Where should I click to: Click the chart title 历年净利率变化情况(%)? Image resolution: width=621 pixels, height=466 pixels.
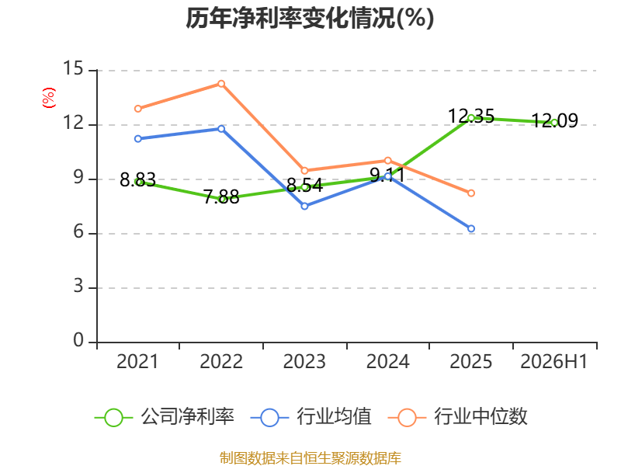point(310,18)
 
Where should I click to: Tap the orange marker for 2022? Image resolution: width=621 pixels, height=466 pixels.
point(221,84)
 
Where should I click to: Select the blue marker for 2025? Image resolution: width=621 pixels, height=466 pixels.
point(471,228)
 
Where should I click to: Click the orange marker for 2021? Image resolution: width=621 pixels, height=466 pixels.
point(138,109)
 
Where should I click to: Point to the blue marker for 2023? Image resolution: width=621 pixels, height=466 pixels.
point(304,206)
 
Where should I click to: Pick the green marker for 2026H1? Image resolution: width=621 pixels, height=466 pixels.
point(554,123)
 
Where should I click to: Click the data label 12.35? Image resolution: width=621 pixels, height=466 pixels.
point(471,116)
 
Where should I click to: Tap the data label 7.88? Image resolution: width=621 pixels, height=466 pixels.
point(221,197)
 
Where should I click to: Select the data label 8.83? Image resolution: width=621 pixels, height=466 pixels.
point(138,180)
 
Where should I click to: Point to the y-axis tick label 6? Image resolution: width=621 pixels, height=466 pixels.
point(78,231)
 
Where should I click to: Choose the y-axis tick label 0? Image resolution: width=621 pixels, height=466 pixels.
point(78,340)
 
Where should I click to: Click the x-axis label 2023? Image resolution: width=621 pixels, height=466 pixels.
point(304,361)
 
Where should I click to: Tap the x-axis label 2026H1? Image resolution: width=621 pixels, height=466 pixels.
point(553,361)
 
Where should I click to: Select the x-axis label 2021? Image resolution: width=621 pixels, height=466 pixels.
point(137,361)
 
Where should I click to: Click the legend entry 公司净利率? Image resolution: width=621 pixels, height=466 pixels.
point(165,417)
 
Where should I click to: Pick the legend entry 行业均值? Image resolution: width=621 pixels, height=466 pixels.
point(311,417)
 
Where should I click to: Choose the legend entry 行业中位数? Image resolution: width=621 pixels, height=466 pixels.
point(458,417)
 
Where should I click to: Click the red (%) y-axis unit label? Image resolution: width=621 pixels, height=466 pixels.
point(49,98)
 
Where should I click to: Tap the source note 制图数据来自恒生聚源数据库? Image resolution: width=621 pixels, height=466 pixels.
point(310,458)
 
